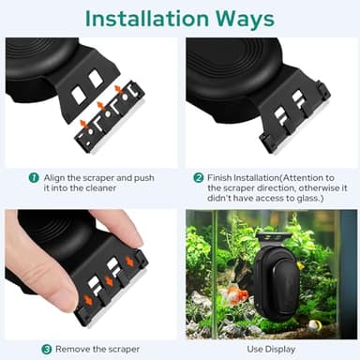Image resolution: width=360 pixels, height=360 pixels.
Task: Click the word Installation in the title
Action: pos(147,19)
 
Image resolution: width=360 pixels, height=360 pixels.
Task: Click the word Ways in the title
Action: pos(245,19)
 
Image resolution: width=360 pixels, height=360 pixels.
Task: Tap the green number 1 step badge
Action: pos(34,178)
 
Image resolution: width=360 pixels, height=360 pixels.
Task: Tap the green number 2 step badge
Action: pos(198,178)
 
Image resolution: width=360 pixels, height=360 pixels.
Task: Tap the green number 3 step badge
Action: pos(47,349)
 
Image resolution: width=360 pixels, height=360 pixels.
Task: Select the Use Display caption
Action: pos(271,349)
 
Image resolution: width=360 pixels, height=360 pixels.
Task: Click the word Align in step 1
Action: pos(54,178)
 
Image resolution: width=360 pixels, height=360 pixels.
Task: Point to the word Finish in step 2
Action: pos(219,178)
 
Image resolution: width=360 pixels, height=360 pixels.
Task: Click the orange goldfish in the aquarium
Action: pos(234,294)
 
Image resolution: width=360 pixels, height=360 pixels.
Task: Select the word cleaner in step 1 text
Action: pos(100,188)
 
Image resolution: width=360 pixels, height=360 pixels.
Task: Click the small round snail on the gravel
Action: pos(312,326)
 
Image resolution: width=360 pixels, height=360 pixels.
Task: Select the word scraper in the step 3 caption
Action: pos(125,350)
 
